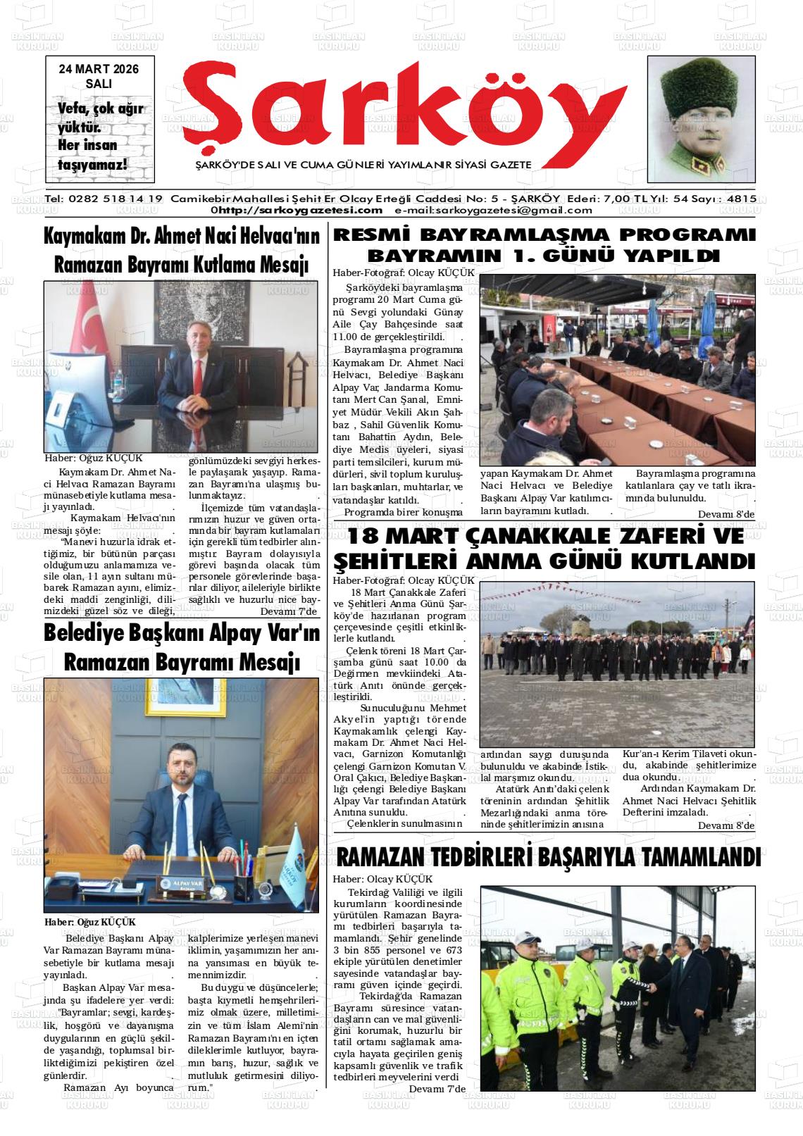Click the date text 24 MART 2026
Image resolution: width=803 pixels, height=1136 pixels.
pos(99,69)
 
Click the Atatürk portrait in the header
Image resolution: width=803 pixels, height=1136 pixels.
pos(701,120)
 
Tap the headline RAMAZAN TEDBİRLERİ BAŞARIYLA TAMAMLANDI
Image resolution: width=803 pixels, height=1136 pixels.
pos(548,858)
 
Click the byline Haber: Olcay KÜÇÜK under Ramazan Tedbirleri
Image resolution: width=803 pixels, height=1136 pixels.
pos(383,879)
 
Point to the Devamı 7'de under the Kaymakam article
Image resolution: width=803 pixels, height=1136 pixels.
pos(289,611)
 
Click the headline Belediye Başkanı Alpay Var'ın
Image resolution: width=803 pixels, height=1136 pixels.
pos(182,633)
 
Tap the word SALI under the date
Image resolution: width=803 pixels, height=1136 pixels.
pos(99,82)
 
